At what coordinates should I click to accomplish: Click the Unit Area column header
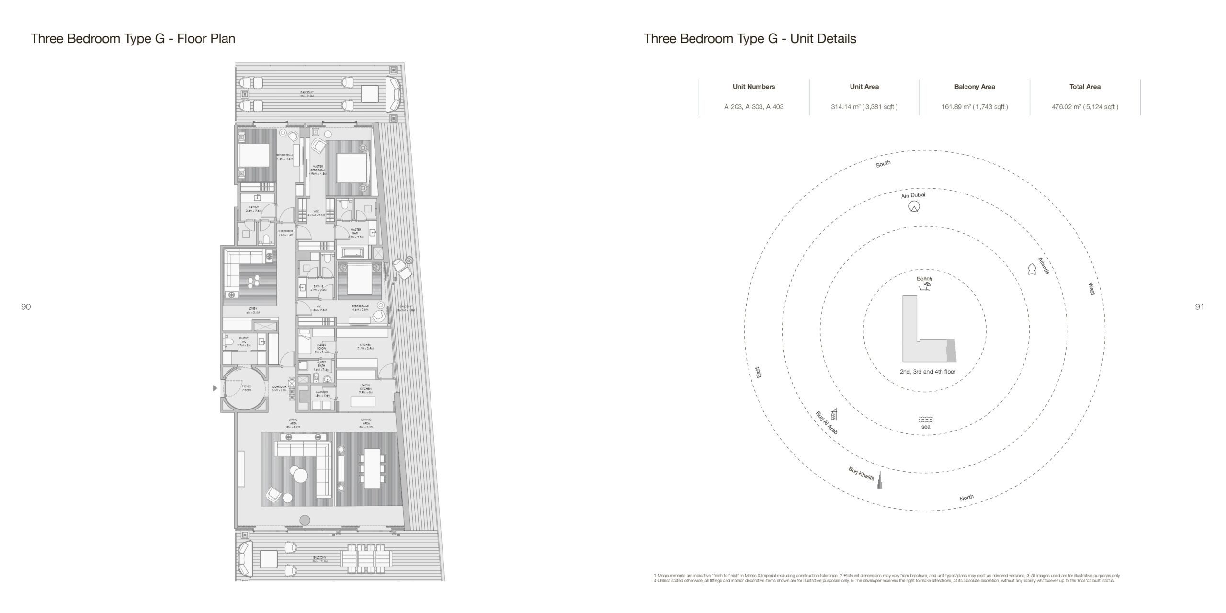point(864,87)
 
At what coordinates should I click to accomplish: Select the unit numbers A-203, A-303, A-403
point(754,107)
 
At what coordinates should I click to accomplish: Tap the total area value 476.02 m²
point(1085,107)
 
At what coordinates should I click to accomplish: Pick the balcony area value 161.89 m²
point(975,107)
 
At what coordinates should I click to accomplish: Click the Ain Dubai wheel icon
point(914,207)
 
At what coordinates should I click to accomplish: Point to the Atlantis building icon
point(1032,269)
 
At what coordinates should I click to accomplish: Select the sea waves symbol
point(926,419)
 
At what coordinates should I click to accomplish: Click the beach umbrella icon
point(925,287)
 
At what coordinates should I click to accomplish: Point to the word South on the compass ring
point(883,164)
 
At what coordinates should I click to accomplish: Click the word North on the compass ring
point(966,498)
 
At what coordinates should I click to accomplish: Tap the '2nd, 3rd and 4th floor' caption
point(928,372)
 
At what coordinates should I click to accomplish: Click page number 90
point(26,307)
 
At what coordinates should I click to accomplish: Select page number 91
point(1199,307)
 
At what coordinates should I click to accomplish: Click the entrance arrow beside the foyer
point(215,388)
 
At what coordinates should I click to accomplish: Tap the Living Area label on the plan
point(293,422)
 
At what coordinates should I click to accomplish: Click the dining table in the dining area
point(372,468)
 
